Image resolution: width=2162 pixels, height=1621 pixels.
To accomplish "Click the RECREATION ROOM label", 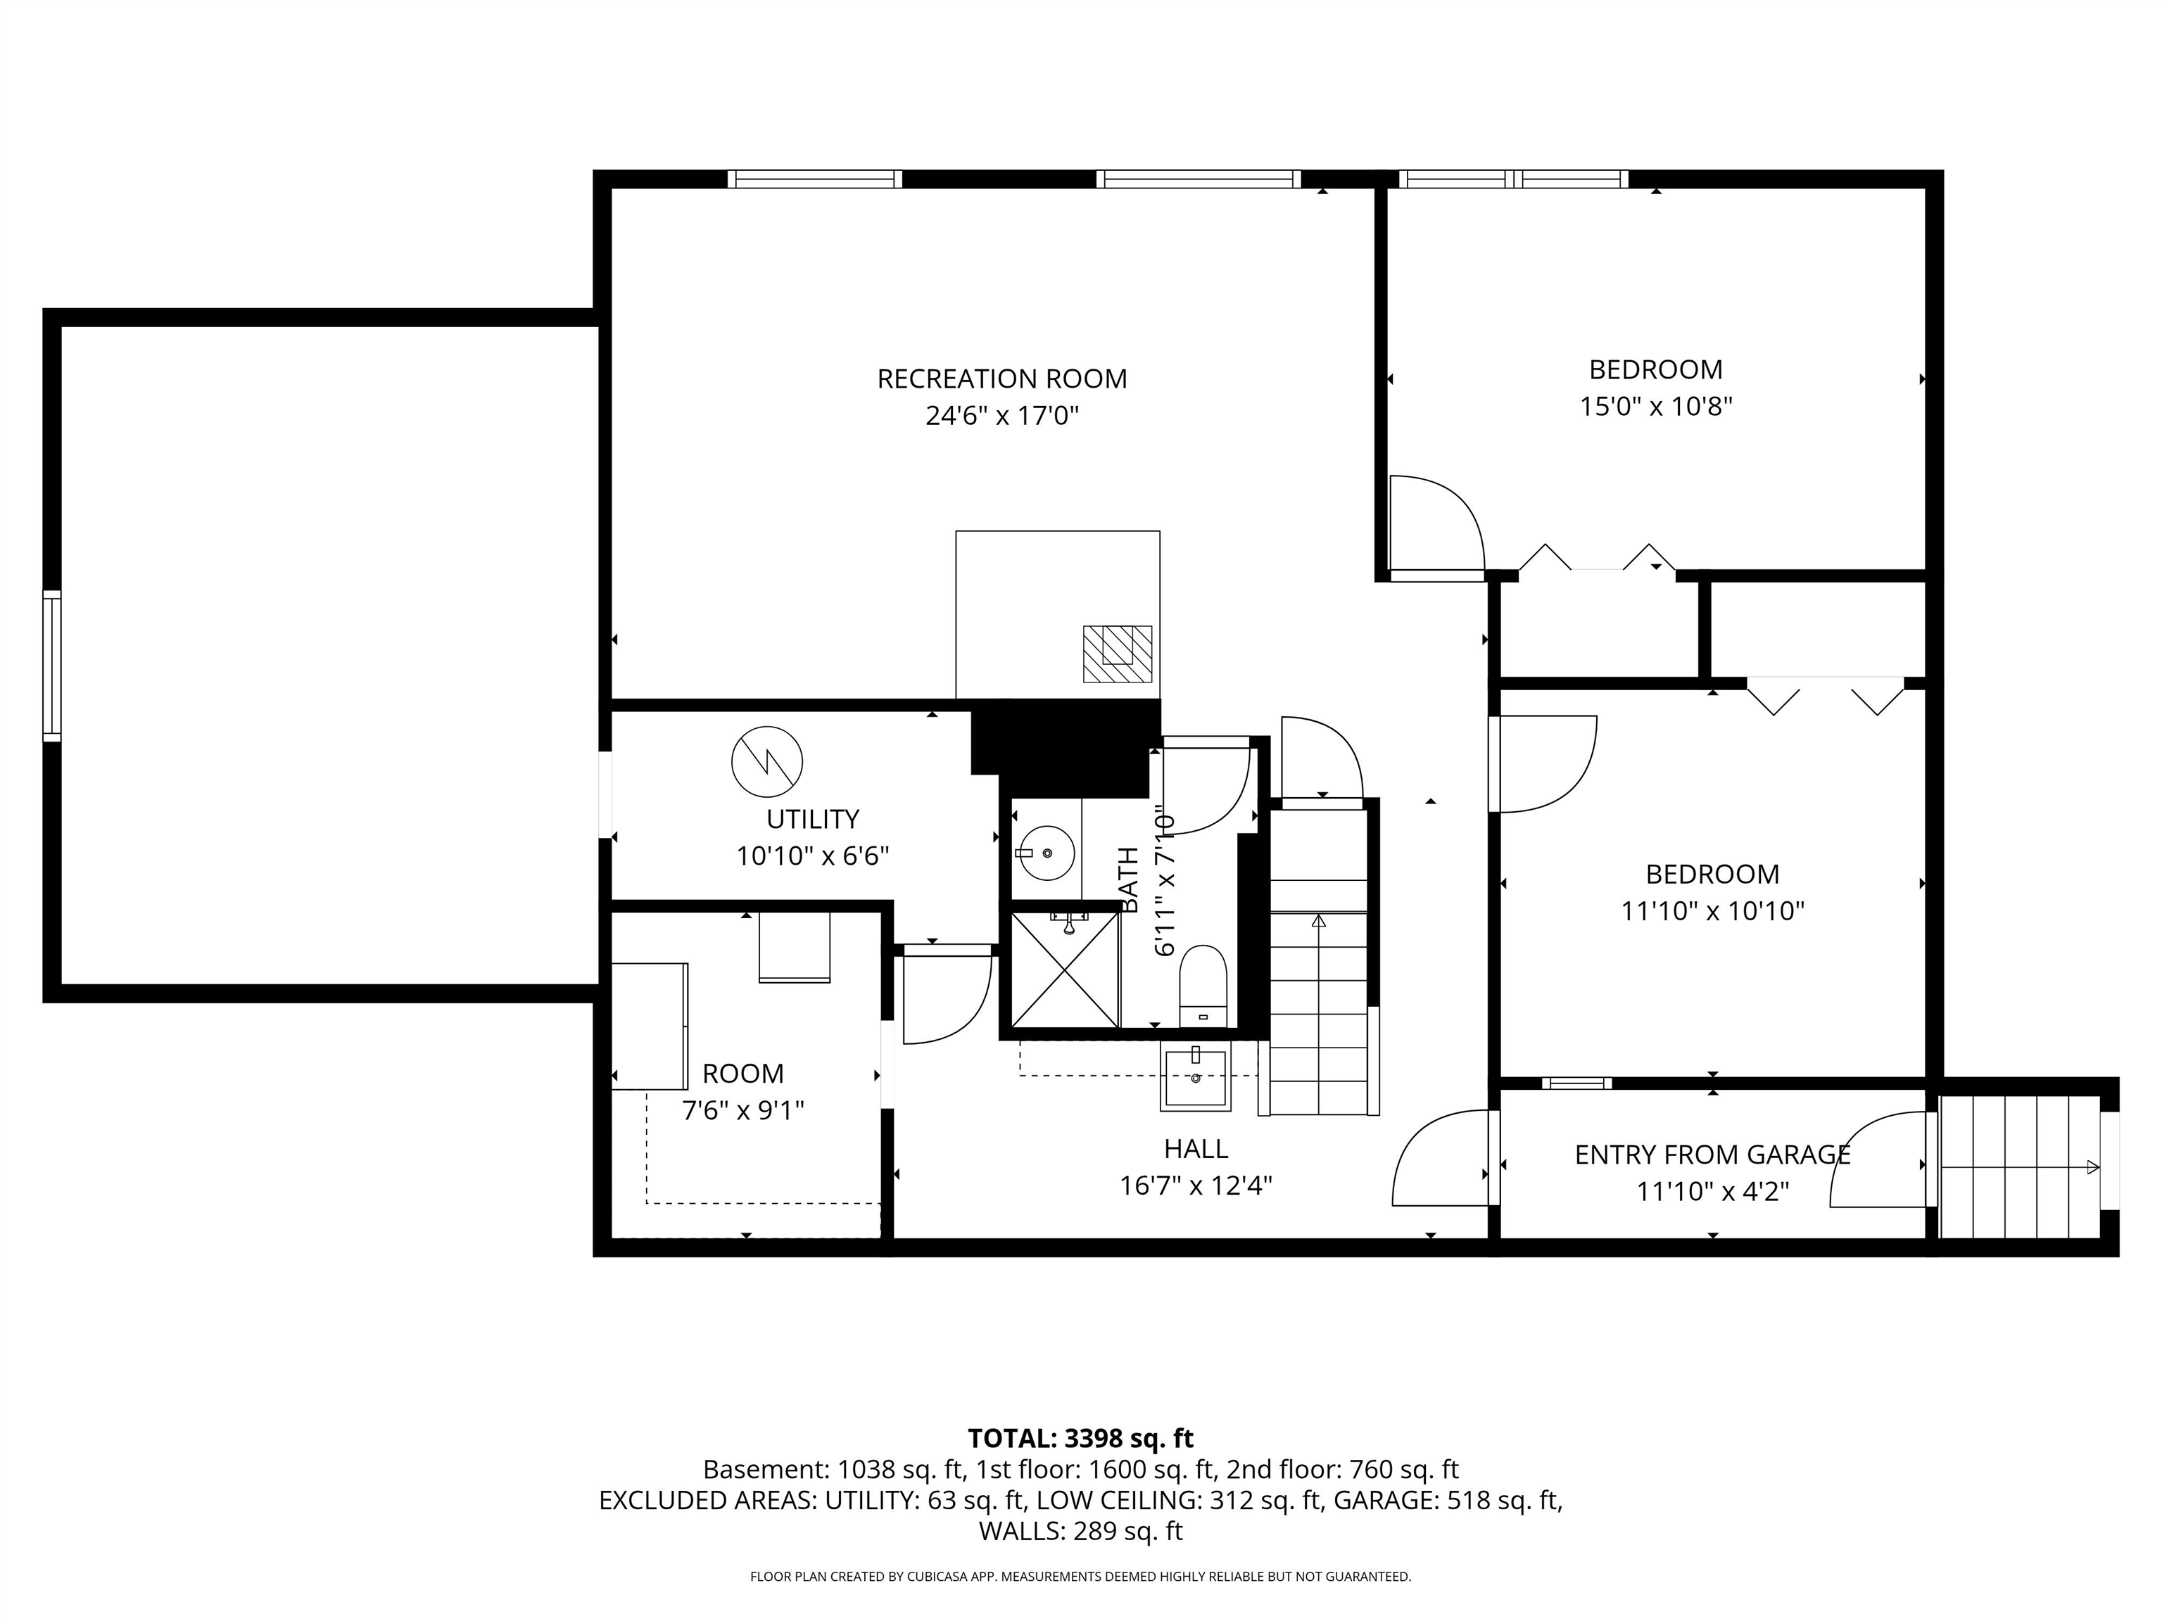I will [1002, 379].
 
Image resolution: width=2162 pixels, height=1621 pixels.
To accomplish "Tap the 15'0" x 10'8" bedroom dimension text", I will [1656, 407].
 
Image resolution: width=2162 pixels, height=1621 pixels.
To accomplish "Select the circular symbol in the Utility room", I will [767, 761].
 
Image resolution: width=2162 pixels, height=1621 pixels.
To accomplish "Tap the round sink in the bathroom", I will [1046, 853].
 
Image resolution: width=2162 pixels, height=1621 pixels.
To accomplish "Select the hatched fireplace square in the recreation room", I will [1117, 654].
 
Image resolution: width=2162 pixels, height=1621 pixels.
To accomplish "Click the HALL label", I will [1195, 1148].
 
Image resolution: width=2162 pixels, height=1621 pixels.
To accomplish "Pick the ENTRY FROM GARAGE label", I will [1712, 1155].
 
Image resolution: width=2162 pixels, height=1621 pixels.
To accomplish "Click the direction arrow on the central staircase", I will [1318, 920].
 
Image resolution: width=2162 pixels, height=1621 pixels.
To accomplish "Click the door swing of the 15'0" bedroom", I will [1435, 525].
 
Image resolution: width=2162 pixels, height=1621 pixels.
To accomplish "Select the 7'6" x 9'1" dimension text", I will [742, 1111].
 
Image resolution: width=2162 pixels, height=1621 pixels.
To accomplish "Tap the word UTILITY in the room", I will [812, 819].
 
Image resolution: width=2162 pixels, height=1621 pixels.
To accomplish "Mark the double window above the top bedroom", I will [1513, 179].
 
